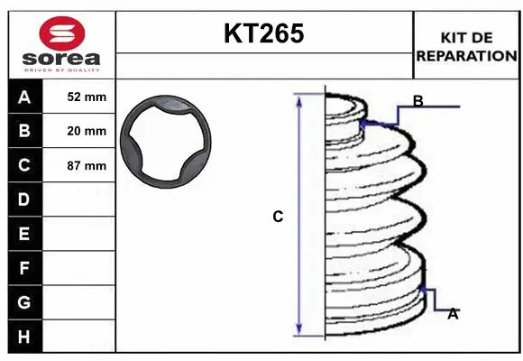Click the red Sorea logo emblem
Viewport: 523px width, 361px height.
62,33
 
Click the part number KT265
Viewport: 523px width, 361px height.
264,33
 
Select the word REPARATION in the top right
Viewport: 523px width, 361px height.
466,56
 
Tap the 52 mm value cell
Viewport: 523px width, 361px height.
78,97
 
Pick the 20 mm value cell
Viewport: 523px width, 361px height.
78,131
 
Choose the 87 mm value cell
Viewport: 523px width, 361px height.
78,165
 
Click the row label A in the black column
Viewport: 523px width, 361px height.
24,97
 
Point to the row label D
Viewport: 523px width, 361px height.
24,199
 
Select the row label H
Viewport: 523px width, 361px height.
24,337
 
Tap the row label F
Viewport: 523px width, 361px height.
24,268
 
